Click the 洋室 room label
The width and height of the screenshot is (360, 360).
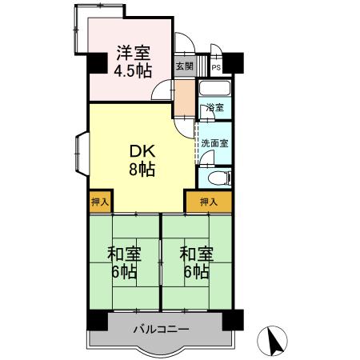131,54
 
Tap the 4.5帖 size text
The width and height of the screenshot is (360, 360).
131,70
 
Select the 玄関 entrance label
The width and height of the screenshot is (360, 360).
183,66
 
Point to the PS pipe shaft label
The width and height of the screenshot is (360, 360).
216,67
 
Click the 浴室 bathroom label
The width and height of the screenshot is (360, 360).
214,108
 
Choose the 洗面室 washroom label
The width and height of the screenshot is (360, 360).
214,144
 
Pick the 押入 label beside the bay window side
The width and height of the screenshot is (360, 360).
100,202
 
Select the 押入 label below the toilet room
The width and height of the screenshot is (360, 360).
208,202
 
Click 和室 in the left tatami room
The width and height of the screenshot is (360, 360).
124,254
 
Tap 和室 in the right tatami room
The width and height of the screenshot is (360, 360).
195,254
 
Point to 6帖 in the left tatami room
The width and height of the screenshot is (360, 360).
124,272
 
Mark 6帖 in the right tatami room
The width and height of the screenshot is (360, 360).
195,272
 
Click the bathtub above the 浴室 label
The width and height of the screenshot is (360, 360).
214,89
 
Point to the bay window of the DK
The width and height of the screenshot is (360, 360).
82,152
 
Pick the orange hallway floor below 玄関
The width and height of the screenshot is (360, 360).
185,96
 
